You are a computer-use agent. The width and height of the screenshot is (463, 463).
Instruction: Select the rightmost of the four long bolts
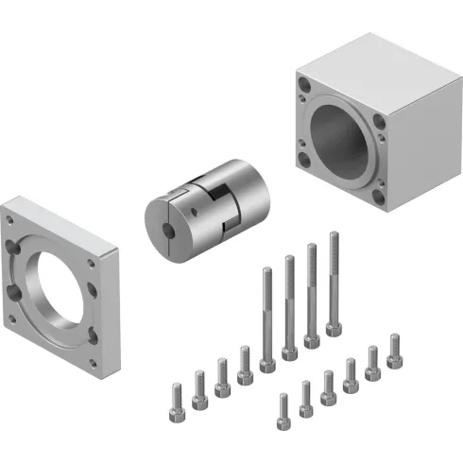(333, 283)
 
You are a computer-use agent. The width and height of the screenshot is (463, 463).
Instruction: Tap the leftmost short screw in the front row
(283, 407)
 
